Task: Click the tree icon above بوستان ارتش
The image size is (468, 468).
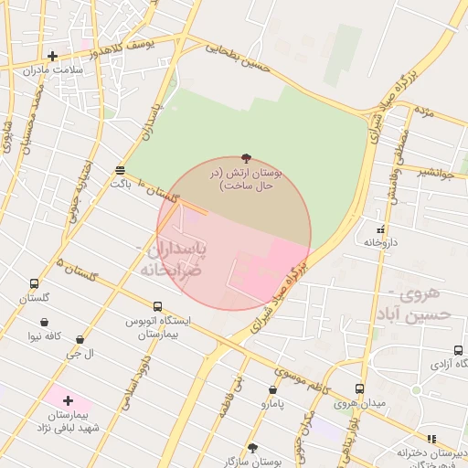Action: [246, 158]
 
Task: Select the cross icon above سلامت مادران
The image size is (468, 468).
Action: [52, 57]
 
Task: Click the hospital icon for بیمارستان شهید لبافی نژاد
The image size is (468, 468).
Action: [69, 400]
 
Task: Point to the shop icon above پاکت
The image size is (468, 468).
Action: [121, 171]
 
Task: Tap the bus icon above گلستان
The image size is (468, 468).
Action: [35, 284]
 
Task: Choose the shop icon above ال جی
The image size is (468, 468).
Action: [80, 339]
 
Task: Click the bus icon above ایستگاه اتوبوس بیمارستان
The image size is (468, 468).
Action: [157, 307]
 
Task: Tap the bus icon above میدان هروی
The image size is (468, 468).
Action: [359, 388]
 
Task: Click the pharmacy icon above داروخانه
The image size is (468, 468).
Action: [380, 229]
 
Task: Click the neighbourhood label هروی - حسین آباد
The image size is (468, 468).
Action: [420, 303]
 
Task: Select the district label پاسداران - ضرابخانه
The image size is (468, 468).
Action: [171, 259]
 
